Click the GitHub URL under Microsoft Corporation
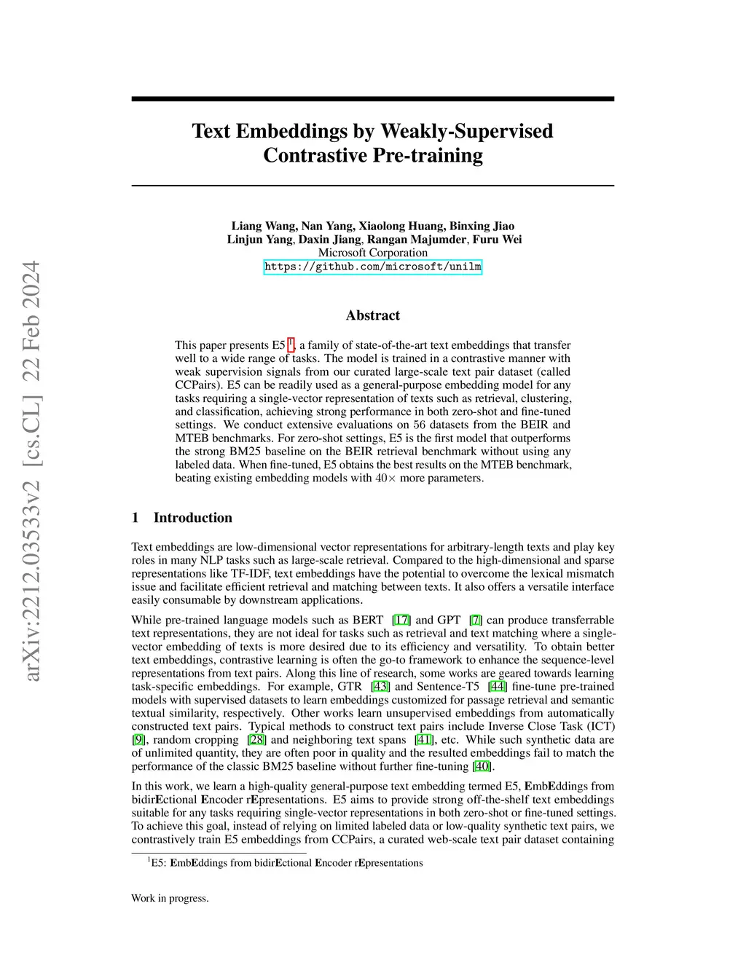pos(372,267)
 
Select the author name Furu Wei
pos(497,239)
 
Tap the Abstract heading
pos(372,315)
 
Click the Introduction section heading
pos(192,518)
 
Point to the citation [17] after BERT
pos(401,620)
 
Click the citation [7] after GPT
pos(476,620)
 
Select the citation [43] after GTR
pos(380,686)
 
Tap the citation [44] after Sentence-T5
pos(498,686)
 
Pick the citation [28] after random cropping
pos(257,739)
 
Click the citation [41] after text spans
pos(424,739)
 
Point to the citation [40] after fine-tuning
pos(482,766)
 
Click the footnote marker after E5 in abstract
pos(291,343)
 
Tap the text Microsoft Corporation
pos(372,253)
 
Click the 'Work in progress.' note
pos(170,898)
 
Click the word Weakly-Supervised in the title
pos(467,131)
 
